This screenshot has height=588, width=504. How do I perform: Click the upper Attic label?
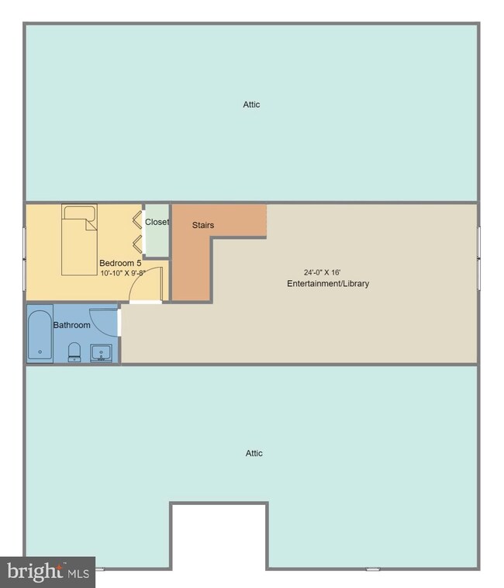[251, 104]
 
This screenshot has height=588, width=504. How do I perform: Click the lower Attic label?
[254, 453]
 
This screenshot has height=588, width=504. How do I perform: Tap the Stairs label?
[203, 225]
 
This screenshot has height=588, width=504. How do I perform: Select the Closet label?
[157, 222]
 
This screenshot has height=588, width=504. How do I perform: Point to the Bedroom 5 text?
[120, 263]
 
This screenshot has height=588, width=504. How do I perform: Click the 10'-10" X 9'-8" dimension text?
[123, 273]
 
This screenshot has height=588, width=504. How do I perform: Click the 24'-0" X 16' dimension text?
[322, 272]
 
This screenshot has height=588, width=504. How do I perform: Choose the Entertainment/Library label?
[328, 283]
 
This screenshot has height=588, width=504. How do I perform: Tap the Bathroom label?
[71, 325]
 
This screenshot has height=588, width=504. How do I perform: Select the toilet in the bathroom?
[74, 351]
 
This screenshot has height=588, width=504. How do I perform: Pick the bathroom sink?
[101, 353]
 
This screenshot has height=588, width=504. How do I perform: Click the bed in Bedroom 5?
[79, 240]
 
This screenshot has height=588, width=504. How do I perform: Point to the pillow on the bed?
[79, 213]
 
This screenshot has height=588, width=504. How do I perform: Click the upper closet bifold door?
[137, 220]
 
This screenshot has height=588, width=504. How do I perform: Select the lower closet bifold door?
[137, 244]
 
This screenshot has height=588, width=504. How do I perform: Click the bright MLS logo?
[47, 572]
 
